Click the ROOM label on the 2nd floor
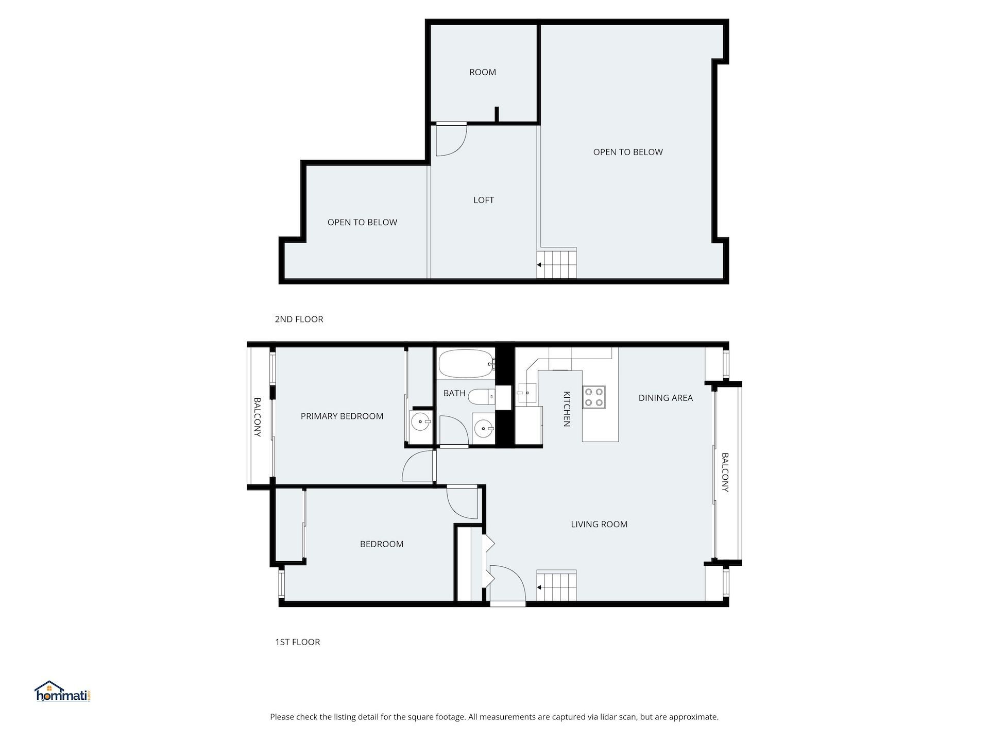[x=483, y=72]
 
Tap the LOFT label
[x=484, y=200]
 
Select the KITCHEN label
[x=567, y=409]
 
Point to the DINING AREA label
[x=666, y=398]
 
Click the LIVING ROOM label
[x=599, y=524]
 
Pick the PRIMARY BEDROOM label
[x=342, y=416]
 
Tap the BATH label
[x=454, y=393]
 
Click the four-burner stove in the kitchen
[x=594, y=397]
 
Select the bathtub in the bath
[x=466, y=364]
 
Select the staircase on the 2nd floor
[x=556, y=264]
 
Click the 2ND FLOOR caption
[x=299, y=319]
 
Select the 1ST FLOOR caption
[x=297, y=642]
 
